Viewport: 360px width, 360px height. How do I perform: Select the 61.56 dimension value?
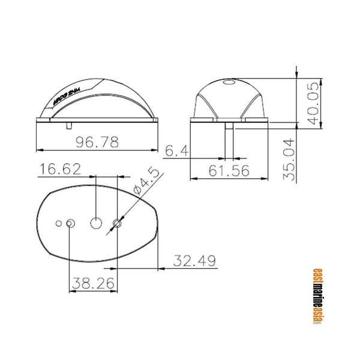[229, 170]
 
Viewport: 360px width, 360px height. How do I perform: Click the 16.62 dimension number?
[60, 169]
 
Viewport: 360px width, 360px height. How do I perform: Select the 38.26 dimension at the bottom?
[94, 281]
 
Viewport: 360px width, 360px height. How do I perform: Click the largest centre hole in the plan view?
[96, 223]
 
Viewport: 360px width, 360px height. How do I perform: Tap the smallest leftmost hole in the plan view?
[59, 223]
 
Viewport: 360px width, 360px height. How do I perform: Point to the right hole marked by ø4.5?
[117, 223]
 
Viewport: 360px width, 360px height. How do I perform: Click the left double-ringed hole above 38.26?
[70, 223]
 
